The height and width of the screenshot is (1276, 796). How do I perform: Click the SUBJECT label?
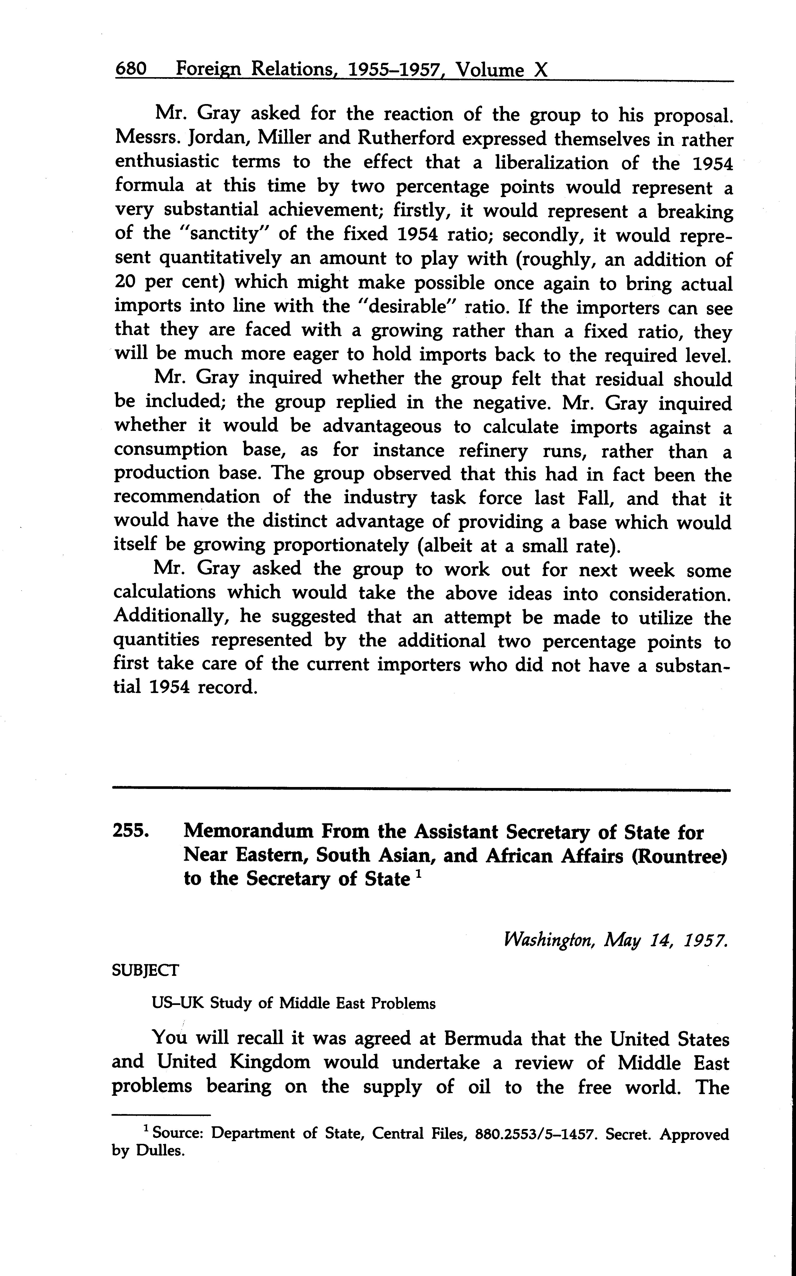pyautogui.click(x=146, y=970)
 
